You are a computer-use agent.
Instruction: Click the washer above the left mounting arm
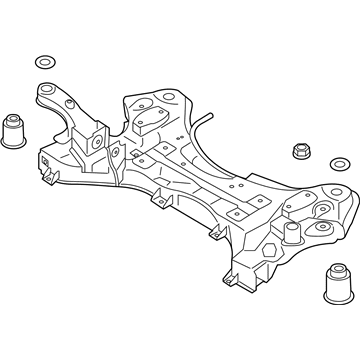(43, 59)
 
